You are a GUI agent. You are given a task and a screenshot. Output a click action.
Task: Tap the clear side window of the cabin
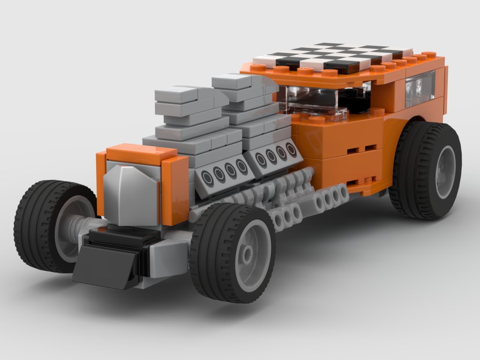[x=420, y=87]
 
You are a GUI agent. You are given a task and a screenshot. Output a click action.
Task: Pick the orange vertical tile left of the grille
[x=101, y=183]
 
